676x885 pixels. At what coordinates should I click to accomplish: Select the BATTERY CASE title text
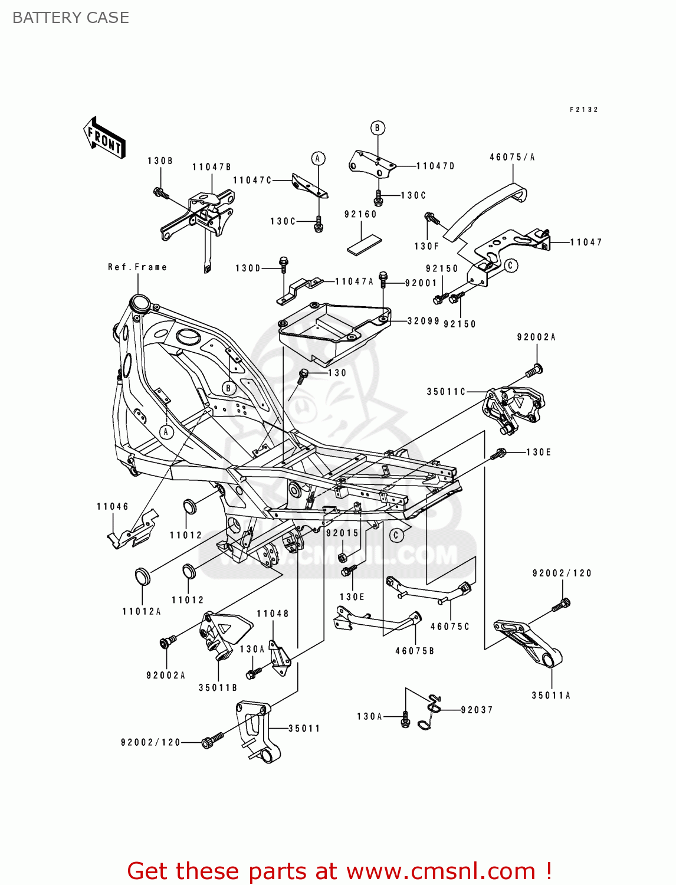pos(71,18)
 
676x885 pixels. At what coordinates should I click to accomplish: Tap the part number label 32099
pos(424,321)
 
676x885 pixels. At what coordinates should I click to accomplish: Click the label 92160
pos(360,214)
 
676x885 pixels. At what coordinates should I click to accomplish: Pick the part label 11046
pos(112,506)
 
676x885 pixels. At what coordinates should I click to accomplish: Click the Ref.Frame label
pos(137,267)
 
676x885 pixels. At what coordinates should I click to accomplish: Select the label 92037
pos(477,710)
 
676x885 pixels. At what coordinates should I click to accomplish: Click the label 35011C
pos(446,392)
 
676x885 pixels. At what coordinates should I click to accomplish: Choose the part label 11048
pos(273,614)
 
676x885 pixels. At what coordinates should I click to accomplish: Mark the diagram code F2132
pos(583,110)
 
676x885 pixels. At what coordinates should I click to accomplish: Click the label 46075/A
pos(512,157)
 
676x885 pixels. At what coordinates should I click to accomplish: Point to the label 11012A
pos(142,611)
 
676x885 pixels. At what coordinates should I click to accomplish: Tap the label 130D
pos(248,268)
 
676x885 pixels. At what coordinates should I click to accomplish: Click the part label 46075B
pos(415,651)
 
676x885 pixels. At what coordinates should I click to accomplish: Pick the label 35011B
pos(218,687)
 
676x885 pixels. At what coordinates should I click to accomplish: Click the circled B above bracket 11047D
pos(378,128)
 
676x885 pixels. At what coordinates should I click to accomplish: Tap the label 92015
pos(342,533)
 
